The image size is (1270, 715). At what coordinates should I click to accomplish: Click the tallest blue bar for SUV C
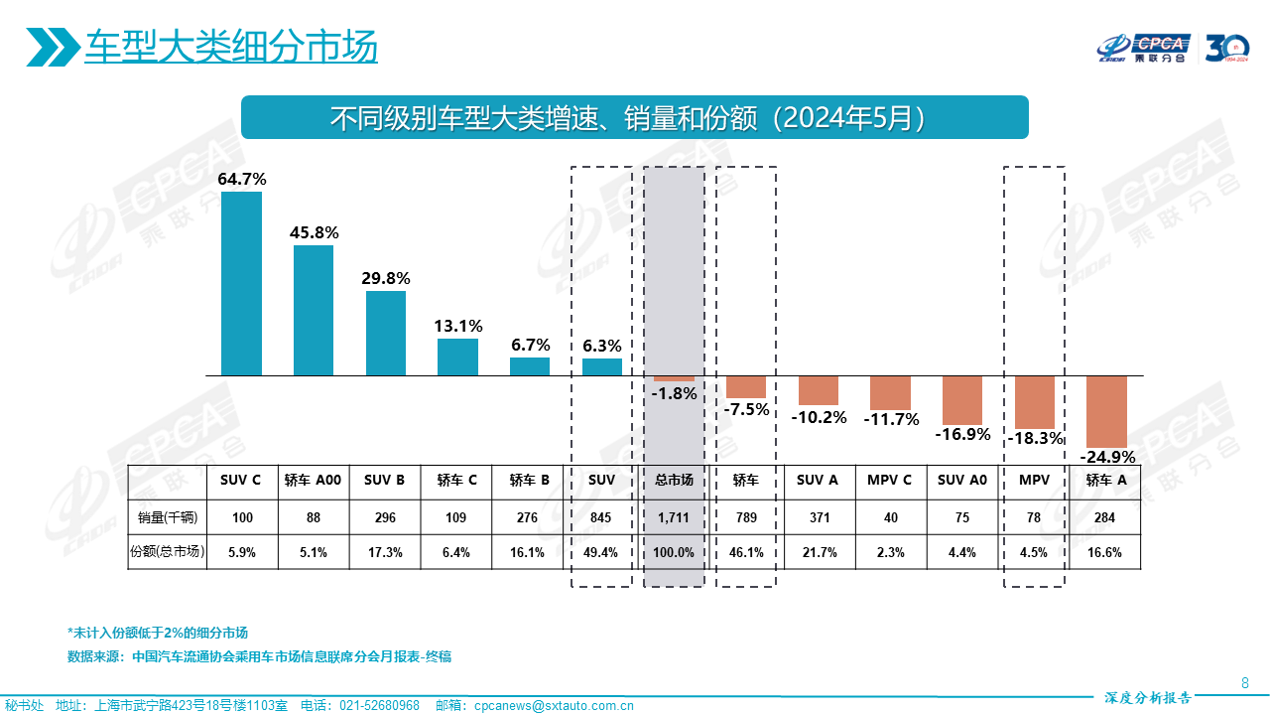[241, 283]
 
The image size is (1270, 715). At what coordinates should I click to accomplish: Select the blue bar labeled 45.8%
[314, 310]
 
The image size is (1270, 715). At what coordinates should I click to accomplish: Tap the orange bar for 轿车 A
[1106, 411]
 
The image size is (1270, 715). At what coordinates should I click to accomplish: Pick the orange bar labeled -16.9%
[962, 399]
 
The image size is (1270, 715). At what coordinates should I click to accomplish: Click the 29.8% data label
[386, 278]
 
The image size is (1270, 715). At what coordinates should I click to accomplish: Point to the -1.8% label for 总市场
[675, 393]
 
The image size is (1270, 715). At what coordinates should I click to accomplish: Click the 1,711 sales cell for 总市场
[674, 516]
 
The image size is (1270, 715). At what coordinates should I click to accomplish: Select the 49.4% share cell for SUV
[601, 552]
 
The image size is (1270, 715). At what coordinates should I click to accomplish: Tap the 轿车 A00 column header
[313, 481]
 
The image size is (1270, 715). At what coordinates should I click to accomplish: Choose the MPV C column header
[890, 481]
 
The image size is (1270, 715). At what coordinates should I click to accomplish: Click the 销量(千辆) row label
[168, 516]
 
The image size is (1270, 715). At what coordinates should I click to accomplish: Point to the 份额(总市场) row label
[168, 552]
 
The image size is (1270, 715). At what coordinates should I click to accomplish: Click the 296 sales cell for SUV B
[385, 516]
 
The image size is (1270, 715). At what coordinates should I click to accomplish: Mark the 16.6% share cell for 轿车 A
[1104, 552]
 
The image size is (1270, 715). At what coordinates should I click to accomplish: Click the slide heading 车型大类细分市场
[231, 46]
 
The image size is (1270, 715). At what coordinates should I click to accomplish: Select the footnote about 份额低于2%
[157, 633]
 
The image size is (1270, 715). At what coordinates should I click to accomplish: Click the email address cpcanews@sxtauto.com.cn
[554, 706]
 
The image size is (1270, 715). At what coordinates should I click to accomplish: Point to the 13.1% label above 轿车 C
[457, 326]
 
